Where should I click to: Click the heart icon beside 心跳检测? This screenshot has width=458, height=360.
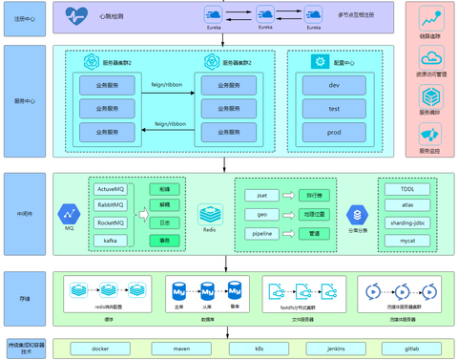(76, 15)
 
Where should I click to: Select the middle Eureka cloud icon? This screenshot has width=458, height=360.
(263, 14)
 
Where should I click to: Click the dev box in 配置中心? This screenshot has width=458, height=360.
(334, 85)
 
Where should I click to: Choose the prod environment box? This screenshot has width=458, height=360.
(334, 133)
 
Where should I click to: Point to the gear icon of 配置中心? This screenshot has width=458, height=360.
(321, 61)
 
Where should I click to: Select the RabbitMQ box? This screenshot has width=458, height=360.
(111, 206)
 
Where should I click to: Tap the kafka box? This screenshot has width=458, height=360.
(111, 241)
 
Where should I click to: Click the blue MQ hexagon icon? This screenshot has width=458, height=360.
(69, 213)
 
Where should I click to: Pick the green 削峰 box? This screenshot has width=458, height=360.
(164, 189)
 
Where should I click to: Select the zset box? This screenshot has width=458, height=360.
(261, 195)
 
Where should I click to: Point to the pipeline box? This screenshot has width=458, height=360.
(261, 233)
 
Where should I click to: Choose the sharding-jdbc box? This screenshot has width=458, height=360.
(407, 222)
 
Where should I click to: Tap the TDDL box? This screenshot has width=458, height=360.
(407, 189)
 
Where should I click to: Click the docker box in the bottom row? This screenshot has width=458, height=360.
(99, 349)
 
